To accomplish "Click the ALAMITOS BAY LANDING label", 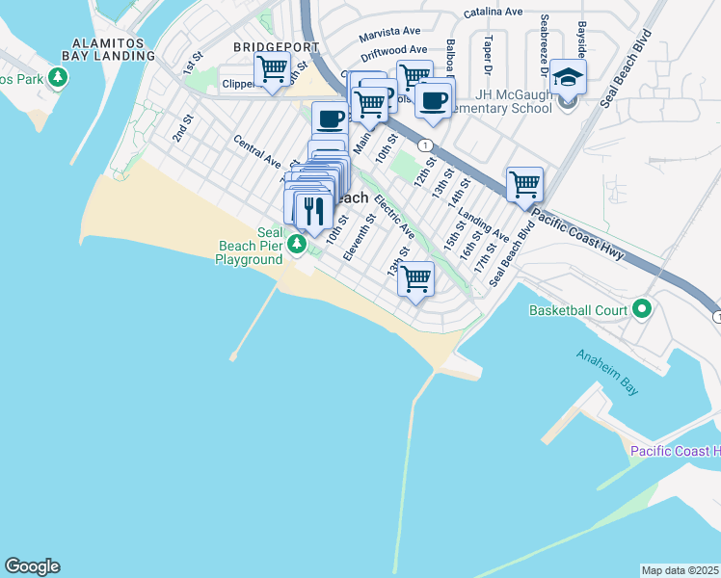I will click(x=113, y=50).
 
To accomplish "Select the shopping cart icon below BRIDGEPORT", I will click(x=273, y=68).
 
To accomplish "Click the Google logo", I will click(x=32, y=566).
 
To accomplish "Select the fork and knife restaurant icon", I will click(x=312, y=210).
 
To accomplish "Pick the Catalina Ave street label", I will click(x=493, y=13).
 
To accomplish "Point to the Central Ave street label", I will click(x=256, y=149).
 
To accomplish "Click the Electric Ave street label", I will click(x=394, y=218).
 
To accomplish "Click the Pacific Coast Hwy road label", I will click(x=579, y=236).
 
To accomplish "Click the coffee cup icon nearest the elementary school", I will click(x=434, y=99).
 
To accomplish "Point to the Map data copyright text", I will click(x=680, y=570).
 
